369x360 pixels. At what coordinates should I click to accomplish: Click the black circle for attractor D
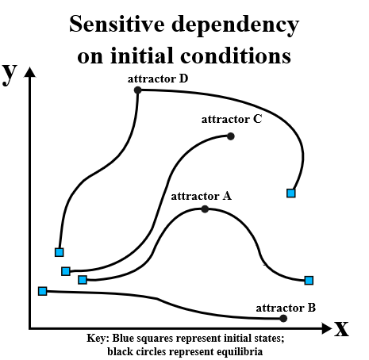click(x=137, y=90)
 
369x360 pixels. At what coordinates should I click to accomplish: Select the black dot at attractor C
click(x=231, y=136)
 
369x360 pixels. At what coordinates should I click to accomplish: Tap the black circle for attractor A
click(x=205, y=209)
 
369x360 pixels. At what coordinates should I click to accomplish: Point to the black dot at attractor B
click(x=283, y=318)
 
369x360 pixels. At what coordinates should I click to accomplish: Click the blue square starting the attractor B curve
click(x=43, y=291)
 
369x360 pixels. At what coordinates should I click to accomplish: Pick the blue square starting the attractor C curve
click(x=66, y=271)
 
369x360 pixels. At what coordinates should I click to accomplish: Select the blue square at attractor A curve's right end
click(x=309, y=280)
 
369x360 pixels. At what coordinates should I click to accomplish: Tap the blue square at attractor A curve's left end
click(x=83, y=280)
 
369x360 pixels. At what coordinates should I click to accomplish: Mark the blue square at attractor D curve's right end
click(x=291, y=193)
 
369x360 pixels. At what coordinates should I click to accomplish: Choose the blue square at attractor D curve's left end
click(x=60, y=252)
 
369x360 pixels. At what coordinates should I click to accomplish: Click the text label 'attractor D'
click(x=158, y=79)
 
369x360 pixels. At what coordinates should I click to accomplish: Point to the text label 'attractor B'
click(x=286, y=308)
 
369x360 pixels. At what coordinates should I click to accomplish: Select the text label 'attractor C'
click(x=232, y=119)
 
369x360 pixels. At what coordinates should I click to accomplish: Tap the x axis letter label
click(x=341, y=328)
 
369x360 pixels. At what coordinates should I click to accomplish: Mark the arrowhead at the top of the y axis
click(x=30, y=72)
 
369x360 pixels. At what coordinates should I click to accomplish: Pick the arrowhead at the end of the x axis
click(x=327, y=328)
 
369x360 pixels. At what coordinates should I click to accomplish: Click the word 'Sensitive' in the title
click(x=117, y=24)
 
